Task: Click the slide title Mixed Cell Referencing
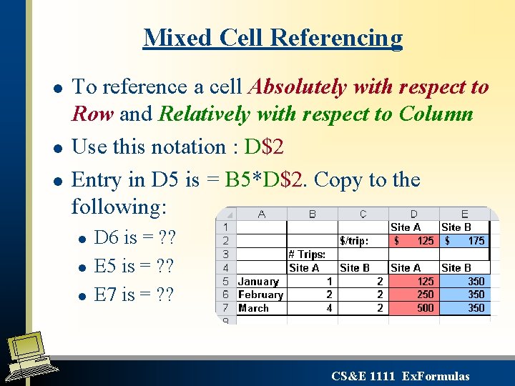[x=273, y=37]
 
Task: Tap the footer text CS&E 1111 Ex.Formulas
[x=401, y=376]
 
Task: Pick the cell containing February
[x=260, y=295]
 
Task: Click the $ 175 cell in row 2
[x=465, y=241]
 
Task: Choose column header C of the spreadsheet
[x=363, y=214]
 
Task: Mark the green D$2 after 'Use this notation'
[x=264, y=147]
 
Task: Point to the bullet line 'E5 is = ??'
[x=134, y=266]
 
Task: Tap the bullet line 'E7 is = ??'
[x=134, y=295]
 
